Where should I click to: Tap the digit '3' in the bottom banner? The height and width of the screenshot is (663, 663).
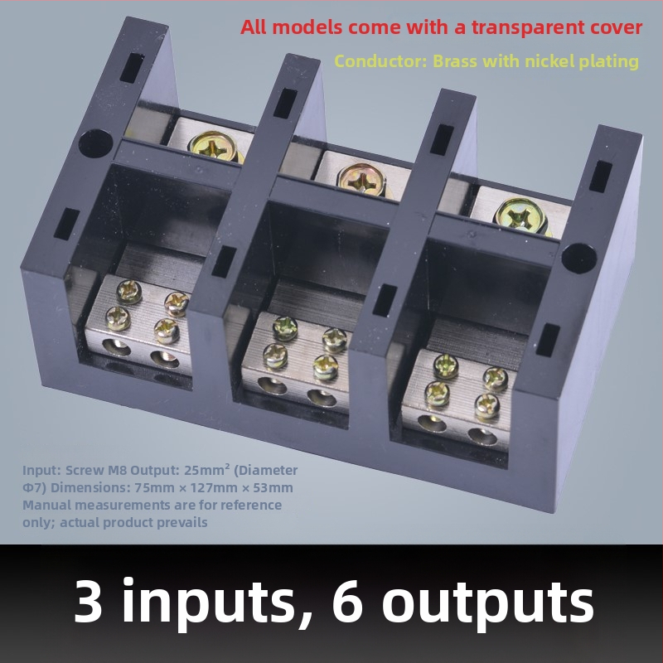(x=89, y=600)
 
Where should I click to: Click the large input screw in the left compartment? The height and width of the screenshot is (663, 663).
(x=213, y=146)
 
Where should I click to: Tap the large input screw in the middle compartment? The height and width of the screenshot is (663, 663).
(x=361, y=180)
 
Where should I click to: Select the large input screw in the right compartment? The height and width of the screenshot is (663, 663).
(x=520, y=216)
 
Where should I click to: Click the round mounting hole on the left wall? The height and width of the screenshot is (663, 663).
(x=95, y=143)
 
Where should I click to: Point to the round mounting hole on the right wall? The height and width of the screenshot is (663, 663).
(x=578, y=258)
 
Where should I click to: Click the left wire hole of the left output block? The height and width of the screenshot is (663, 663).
(x=116, y=347)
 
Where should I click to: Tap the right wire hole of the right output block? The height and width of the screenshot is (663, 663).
(x=482, y=437)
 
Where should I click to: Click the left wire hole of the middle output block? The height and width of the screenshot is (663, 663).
(x=272, y=385)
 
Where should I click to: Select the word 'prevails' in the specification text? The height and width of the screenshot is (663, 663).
(x=182, y=523)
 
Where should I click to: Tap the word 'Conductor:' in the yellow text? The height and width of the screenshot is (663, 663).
(x=381, y=61)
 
